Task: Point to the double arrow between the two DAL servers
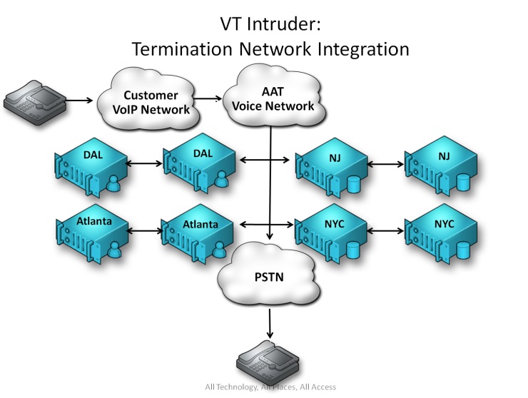[x=145, y=163]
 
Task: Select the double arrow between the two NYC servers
[x=385, y=230]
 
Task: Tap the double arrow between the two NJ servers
[x=385, y=163]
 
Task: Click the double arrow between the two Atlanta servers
[x=145, y=230]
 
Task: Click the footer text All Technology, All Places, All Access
[x=270, y=387]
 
